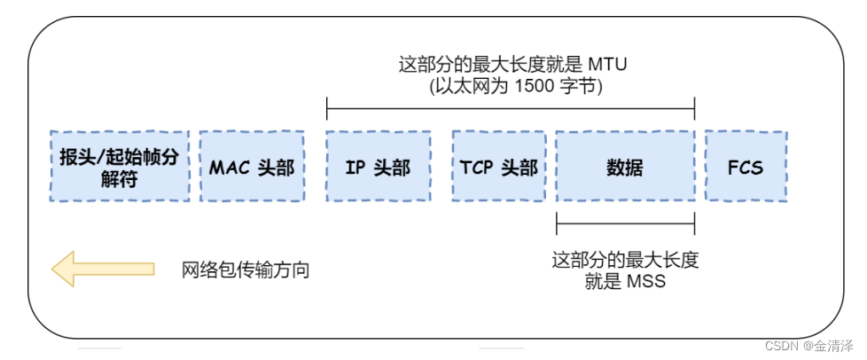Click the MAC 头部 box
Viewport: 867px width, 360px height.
click(252, 167)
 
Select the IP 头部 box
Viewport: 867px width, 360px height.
click(379, 167)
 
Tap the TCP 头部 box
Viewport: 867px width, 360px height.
click(498, 167)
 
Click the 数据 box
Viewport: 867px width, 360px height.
click(625, 167)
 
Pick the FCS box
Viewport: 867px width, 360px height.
click(745, 167)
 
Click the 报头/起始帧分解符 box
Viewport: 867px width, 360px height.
click(120, 167)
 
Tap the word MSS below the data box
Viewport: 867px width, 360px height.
click(645, 282)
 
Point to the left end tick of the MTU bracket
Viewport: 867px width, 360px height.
click(327, 109)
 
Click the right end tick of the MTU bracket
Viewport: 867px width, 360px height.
click(694, 109)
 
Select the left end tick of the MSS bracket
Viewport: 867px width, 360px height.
click(557, 222)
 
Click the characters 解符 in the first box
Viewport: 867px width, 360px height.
click(120, 177)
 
